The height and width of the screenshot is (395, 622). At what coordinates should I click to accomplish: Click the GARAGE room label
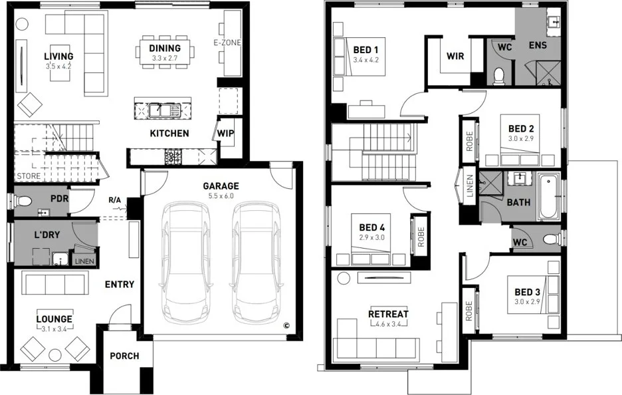tap(221, 186)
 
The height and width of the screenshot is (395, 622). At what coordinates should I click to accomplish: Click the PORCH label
tap(124, 356)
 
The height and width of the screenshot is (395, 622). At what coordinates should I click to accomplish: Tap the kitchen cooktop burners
tap(173, 157)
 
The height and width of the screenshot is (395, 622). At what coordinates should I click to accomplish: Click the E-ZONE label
tap(227, 43)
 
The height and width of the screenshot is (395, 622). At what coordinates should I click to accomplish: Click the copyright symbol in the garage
tap(286, 326)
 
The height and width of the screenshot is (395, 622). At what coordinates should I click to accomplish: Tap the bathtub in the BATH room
tap(548, 197)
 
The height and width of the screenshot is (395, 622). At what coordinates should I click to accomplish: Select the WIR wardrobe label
tap(455, 57)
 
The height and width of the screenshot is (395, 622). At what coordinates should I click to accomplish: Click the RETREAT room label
tap(388, 314)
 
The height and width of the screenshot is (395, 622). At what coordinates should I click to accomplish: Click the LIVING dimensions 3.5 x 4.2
tap(58, 66)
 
